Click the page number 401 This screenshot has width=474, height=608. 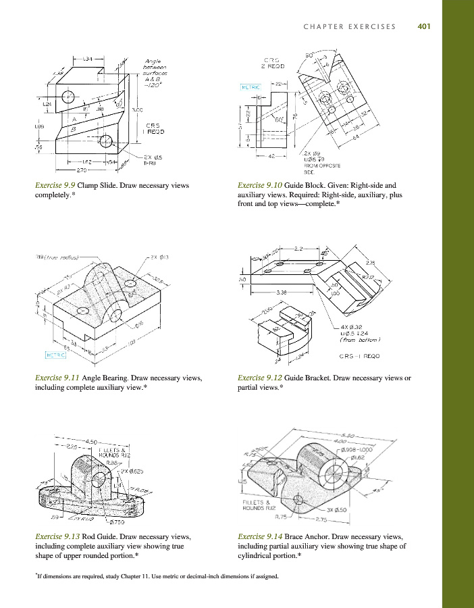tap(424, 27)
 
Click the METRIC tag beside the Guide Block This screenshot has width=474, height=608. tap(251, 87)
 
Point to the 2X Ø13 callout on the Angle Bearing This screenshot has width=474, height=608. tap(159, 257)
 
